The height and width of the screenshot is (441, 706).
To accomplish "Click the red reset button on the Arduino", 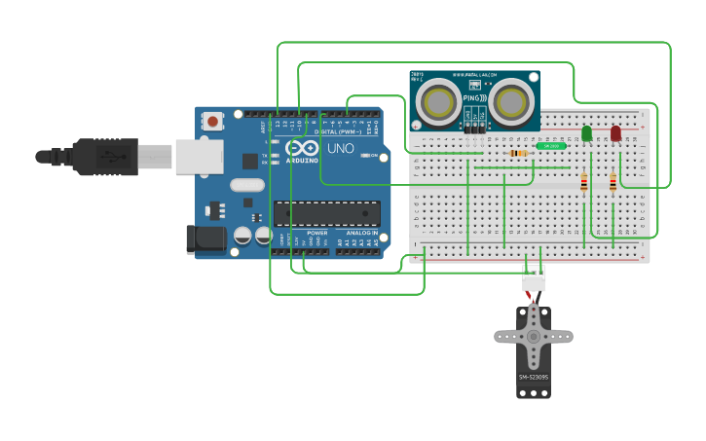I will click(211, 122).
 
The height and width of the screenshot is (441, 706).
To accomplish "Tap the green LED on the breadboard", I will click(586, 132).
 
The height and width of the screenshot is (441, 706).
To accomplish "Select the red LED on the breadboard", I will click(615, 132).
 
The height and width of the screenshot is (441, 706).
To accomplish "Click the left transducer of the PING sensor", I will click(438, 101).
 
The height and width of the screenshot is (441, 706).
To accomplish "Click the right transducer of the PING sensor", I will click(511, 101).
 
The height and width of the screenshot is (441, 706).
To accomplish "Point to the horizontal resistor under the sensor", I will click(519, 153).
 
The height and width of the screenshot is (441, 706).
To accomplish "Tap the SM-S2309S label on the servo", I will click(533, 377).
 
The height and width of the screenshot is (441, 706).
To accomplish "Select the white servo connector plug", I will click(534, 280).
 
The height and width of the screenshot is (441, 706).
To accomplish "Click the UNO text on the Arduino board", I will click(340, 149).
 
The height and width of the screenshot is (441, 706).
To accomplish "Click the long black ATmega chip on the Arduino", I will click(326, 213).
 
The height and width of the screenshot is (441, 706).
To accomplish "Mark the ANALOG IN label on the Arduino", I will click(359, 234).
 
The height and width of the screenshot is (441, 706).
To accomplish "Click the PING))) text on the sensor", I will click(475, 97).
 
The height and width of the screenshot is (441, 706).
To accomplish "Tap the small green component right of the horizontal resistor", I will click(549, 146).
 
